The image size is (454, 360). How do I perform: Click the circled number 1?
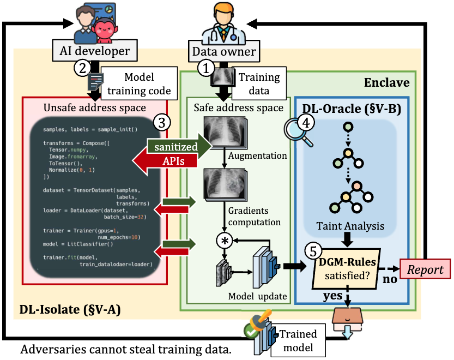pyautogui.click(x=206, y=68)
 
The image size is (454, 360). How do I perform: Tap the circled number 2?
pyautogui.click(x=82, y=68)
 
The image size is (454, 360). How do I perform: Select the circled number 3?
pyautogui.click(x=161, y=123)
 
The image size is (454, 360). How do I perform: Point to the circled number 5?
pyautogui.click(x=313, y=251)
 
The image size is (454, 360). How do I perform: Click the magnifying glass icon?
pyautogui.click(x=298, y=131)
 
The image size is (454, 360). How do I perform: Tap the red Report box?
pyautogui.click(x=425, y=269)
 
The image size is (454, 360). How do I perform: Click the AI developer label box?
pyautogui.click(x=95, y=50)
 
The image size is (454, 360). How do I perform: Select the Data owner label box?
pyautogui.click(x=224, y=51)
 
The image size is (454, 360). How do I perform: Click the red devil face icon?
pyautogui.click(x=104, y=29)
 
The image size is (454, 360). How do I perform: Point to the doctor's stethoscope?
pyautogui.click(x=223, y=35)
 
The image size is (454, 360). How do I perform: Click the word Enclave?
pyautogui.click(x=386, y=82)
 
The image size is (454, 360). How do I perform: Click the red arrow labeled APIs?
pyautogui.click(x=165, y=160)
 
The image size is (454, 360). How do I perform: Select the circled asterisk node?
pyautogui.click(x=225, y=241)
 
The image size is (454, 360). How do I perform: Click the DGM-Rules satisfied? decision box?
pyautogui.click(x=347, y=269)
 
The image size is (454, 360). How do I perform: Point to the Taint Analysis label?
pyautogui.click(x=350, y=226)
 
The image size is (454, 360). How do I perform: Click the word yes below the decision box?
pyautogui.click(x=333, y=296)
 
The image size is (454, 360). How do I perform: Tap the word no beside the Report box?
pyautogui.click(x=390, y=279)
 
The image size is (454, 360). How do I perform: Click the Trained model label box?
pyautogui.click(x=298, y=340)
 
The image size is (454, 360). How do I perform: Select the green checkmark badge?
pyautogui.click(x=251, y=330)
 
